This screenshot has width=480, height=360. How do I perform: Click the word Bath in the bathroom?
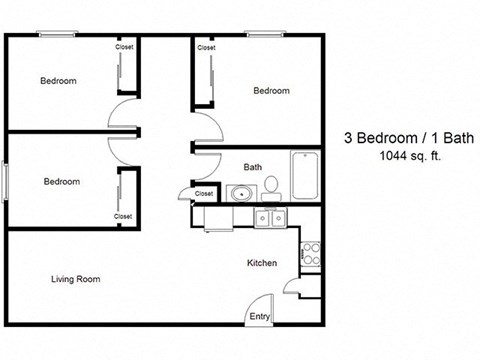coord(253,167)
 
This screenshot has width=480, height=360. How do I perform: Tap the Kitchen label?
coord(262,263)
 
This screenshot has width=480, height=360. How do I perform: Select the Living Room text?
coord(75,279)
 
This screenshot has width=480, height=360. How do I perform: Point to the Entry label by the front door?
coord(259,317)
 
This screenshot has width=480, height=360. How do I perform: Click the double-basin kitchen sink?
coord(270,217)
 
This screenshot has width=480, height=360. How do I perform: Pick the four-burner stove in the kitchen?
coord(311,248)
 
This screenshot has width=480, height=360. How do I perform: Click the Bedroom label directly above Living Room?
coord(62,182)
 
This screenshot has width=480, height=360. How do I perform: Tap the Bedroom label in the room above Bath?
coord(271,91)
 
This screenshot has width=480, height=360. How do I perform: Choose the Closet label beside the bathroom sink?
coord(204,193)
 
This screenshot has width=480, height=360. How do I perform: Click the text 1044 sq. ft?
coord(410,155)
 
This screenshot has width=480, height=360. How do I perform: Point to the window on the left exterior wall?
coord(5,183)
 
